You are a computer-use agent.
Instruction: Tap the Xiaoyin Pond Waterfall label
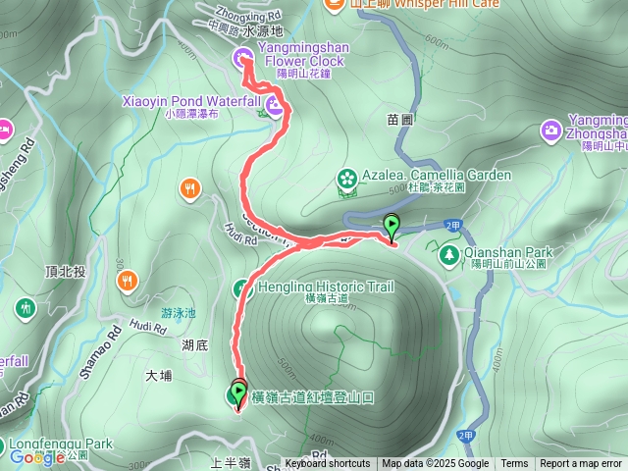(x=190, y=101)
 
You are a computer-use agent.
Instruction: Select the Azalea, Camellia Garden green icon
(x=346, y=178)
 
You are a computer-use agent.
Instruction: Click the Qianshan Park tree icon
(x=448, y=255)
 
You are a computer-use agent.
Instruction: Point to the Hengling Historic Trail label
(x=326, y=287)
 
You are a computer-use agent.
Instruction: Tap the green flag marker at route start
(x=392, y=226)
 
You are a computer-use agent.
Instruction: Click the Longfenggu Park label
(x=63, y=444)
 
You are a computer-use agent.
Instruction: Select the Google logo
(x=36, y=456)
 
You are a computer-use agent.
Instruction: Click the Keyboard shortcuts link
(x=328, y=464)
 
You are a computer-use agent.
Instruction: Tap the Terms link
(x=514, y=464)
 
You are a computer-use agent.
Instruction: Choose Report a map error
(x=581, y=464)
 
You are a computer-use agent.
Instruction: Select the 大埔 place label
(x=158, y=375)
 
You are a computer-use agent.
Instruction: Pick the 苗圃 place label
(x=399, y=119)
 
